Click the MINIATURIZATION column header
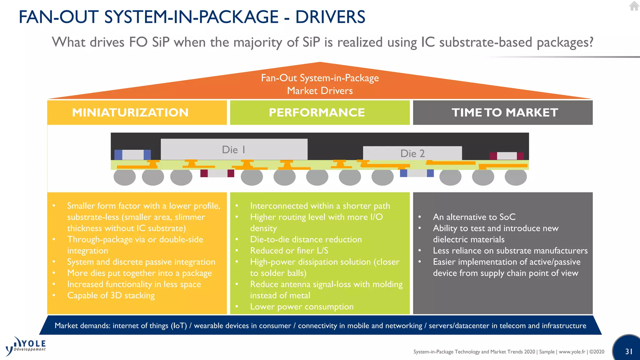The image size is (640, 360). click(x=130, y=112)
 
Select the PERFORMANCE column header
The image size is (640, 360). click(x=317, y=112)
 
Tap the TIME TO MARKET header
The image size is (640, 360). click(x=505, y=112)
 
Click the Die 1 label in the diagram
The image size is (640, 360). click(x=233, y=150)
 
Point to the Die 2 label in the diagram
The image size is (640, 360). click(x=412, y=153)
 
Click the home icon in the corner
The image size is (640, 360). click(x=634, y=6)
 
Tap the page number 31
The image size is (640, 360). click(x=629, y=352)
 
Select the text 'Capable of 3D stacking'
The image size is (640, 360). click(x=111, y=295)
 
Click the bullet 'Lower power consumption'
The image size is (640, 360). click(x=302, y=307)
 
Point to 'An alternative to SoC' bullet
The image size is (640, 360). click(x=474, y=217)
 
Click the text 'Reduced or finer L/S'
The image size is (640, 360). click(x=289, y=251)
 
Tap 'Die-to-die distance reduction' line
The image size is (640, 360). click(x=306, y=239)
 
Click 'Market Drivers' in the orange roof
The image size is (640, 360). click(x=320, y=91)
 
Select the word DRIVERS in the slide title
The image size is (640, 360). click(x=330, y=17)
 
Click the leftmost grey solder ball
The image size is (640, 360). click(x=124, y=177)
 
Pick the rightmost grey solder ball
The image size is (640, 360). click(x=516, y=177)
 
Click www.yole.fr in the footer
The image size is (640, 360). click(x=572, y=352)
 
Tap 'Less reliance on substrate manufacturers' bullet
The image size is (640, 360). click(x=510, y=251)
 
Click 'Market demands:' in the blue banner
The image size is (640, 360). click(x=82, y=326)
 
